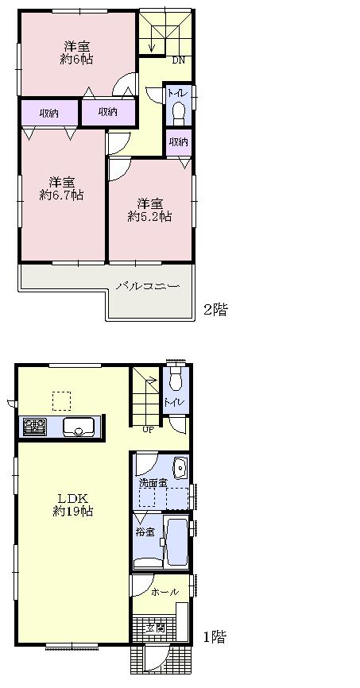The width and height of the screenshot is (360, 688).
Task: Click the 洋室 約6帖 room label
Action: pos(75,52)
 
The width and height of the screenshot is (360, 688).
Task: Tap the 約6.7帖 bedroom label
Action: pos(63,187)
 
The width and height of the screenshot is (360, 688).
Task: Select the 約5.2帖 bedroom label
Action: pos(150,208)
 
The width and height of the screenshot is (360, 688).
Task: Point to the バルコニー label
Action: pos(147,286)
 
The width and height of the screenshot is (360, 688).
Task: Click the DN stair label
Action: pos(180,60)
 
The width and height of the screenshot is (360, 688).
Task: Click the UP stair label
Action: pos(148,431)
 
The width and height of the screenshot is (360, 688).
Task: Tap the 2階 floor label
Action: pos(215,310)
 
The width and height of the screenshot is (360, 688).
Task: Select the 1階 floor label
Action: pos(214,636)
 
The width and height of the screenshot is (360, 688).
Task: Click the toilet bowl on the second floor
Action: pos(178,110)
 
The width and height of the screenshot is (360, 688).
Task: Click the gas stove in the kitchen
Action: pos(34,427)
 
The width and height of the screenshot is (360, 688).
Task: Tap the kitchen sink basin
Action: pos(79,427)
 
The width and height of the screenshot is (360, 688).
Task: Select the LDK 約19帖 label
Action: pos(74,504)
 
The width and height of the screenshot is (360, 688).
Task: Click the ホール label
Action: pos(165,592)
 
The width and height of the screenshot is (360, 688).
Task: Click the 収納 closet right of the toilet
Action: pos(179,142)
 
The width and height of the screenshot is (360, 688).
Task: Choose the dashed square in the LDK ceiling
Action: pos(61,400)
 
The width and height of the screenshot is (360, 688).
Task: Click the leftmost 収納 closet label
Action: pos(48,113)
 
